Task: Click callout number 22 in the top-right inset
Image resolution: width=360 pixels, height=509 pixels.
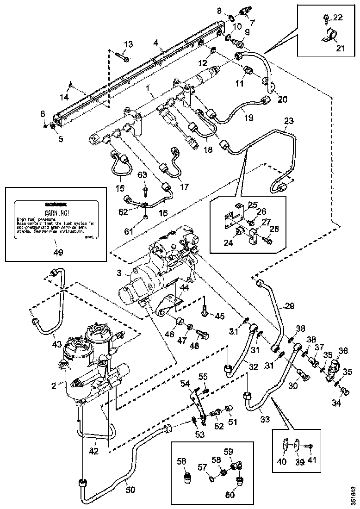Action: pyautogui.click(x=338, y=18)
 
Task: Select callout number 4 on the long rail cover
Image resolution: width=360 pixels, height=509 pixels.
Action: pyautogui.click(x=156, y=43)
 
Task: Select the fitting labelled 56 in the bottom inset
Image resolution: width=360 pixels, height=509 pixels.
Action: pyautogui.click(x=188, y=477)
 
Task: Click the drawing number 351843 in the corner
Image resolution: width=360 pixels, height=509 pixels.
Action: pyautogui.click(x=354, y=495)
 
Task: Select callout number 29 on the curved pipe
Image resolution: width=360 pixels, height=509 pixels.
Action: pyautogui.click(x=289, y=306)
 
